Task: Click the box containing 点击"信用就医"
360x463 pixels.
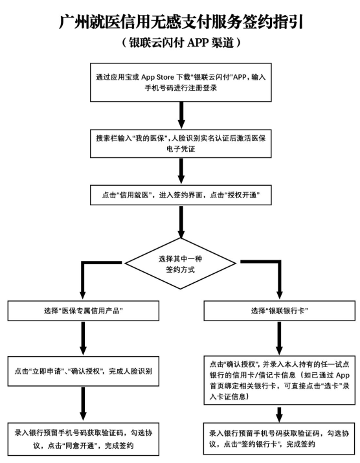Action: point(180,194)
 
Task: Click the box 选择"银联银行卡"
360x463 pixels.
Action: point(278,311)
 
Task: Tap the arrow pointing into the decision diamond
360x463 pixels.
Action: point(180,223)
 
